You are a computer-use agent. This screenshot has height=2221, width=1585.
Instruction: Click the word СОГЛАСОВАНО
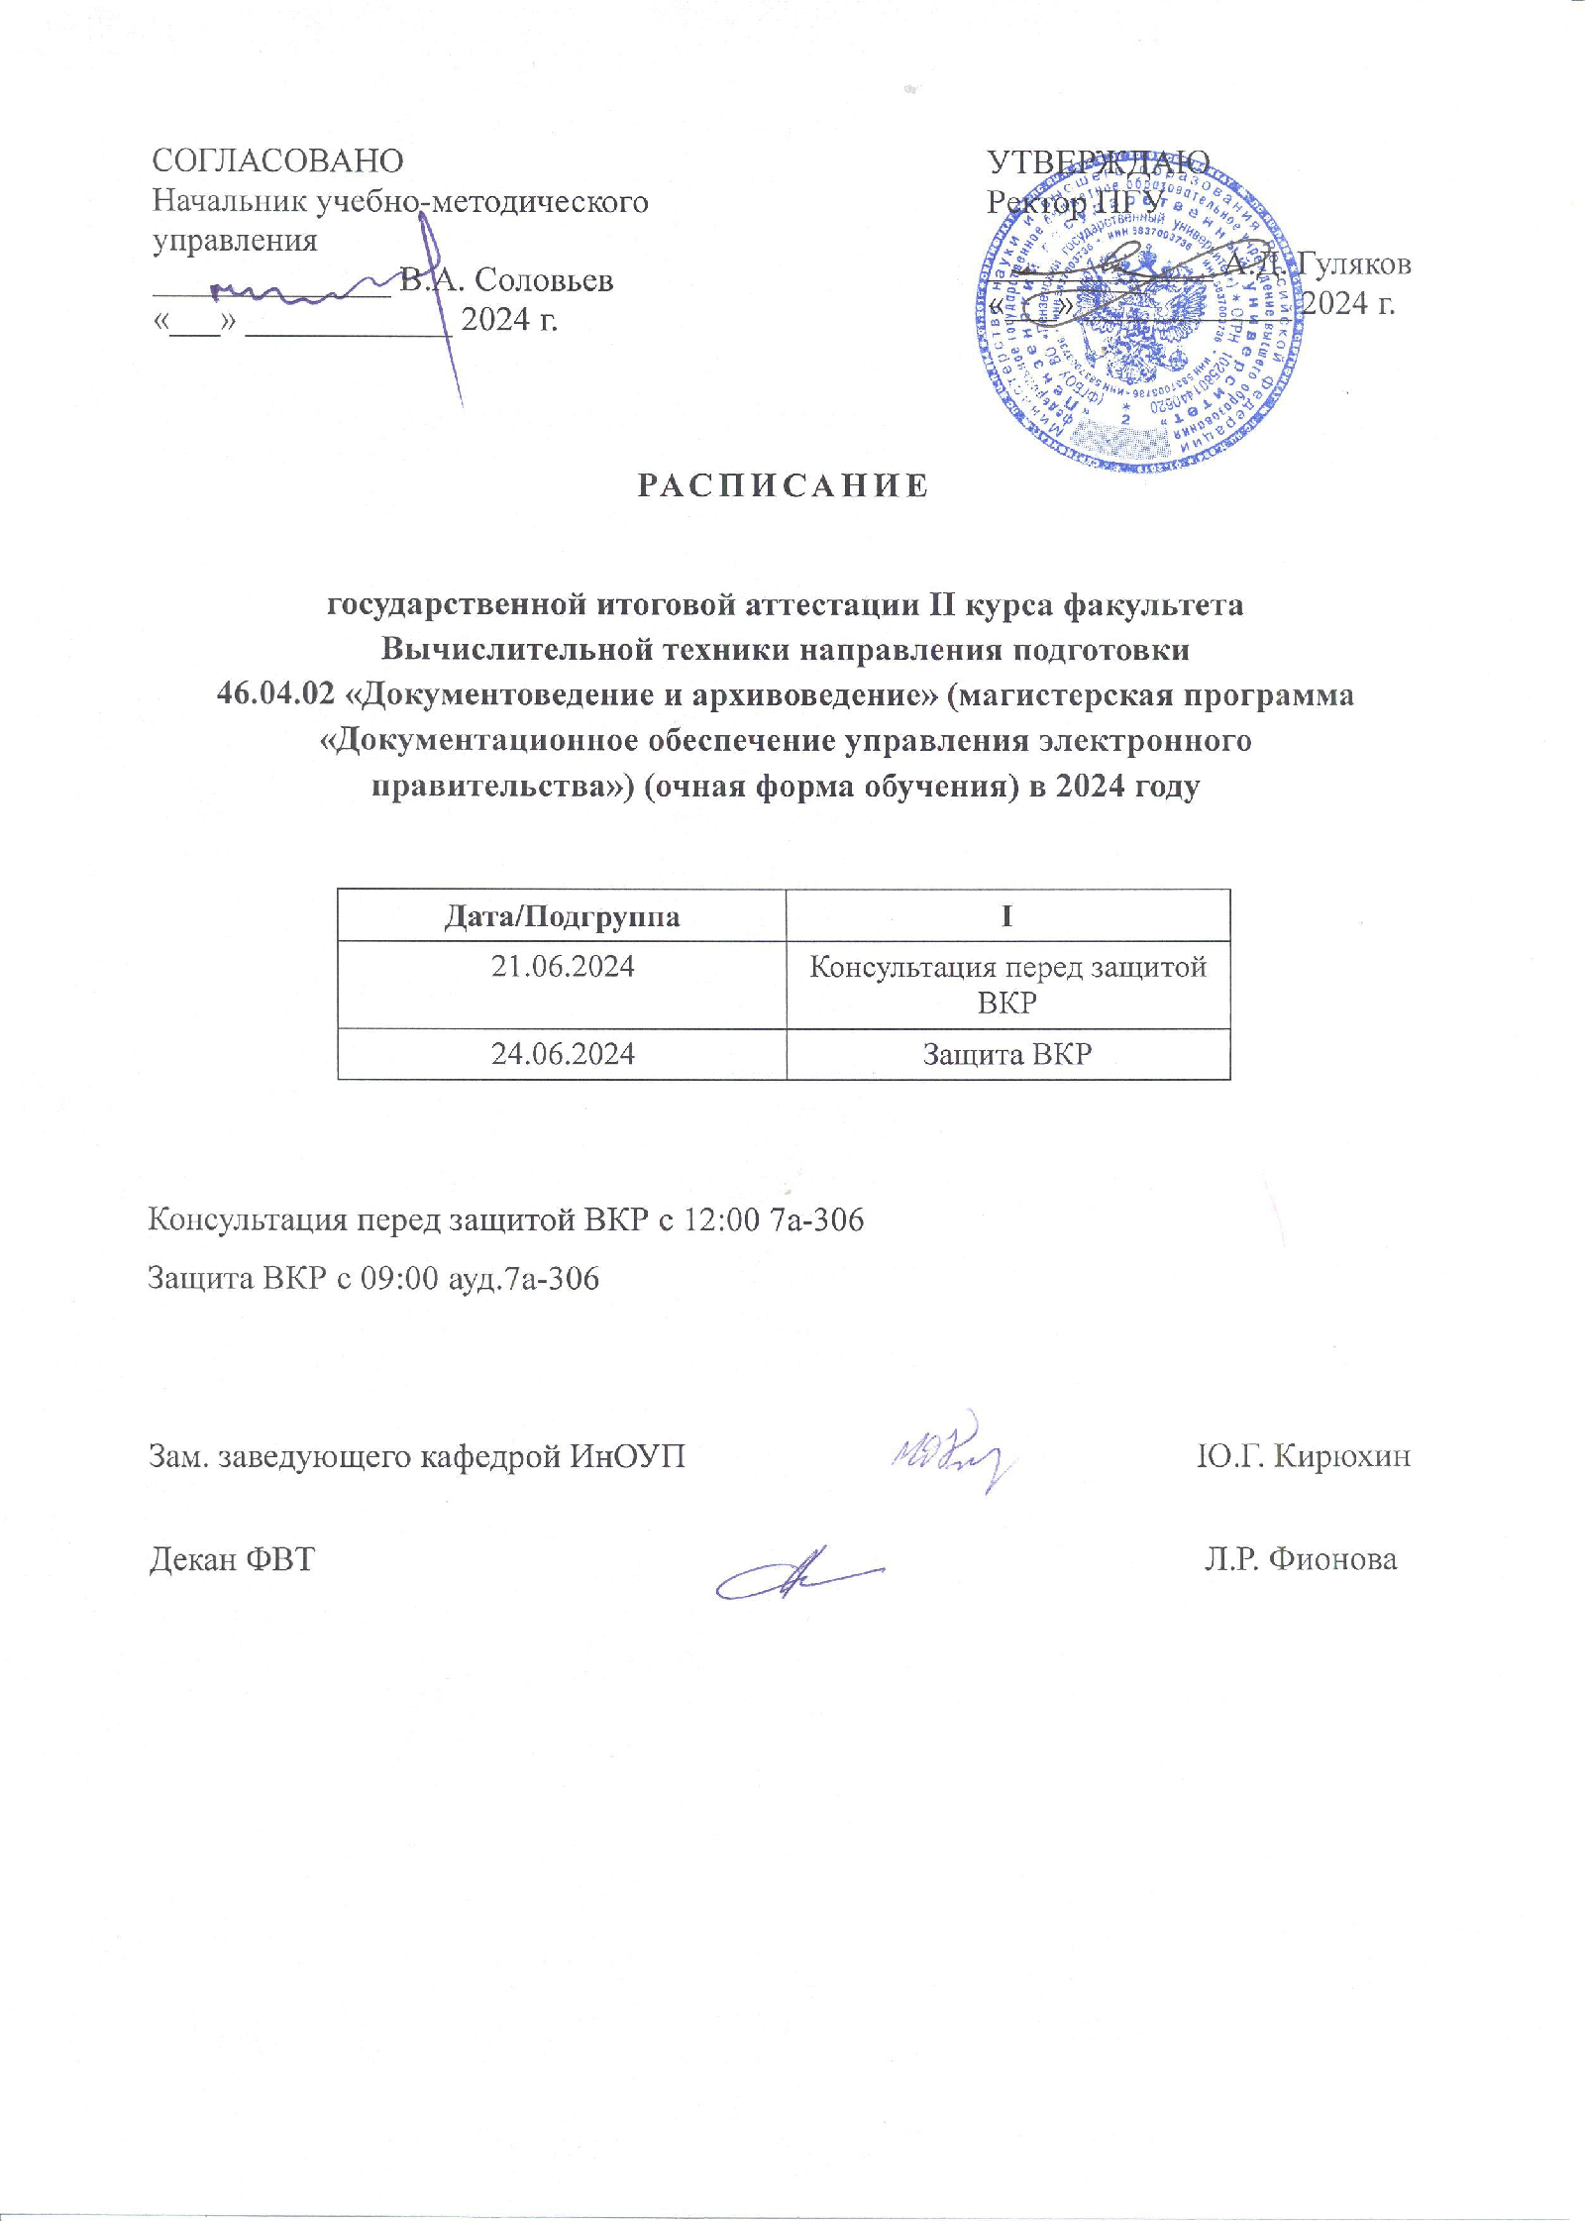click(x=277, y=161)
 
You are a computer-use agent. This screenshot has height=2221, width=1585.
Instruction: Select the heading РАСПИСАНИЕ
click(x=783, y=485)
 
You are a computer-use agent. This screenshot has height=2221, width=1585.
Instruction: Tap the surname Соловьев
click(x=544, y=280)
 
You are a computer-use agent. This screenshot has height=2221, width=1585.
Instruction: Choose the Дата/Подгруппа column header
click(x=562, y=916)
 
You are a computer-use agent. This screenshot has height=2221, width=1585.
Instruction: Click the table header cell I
click(x=1006, y=916)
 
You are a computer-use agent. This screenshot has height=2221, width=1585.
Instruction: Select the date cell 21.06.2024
click(x=562, y=967)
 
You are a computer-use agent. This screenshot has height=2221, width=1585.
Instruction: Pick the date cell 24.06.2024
click(x=562, y=1053)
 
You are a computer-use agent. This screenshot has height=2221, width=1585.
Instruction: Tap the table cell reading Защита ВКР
click(x=1006, y=1053)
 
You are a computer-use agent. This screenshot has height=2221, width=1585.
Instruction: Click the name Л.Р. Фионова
click(x=1300, y=1559)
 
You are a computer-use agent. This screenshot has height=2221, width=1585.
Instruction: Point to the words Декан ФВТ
click(x=231, y=1559)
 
